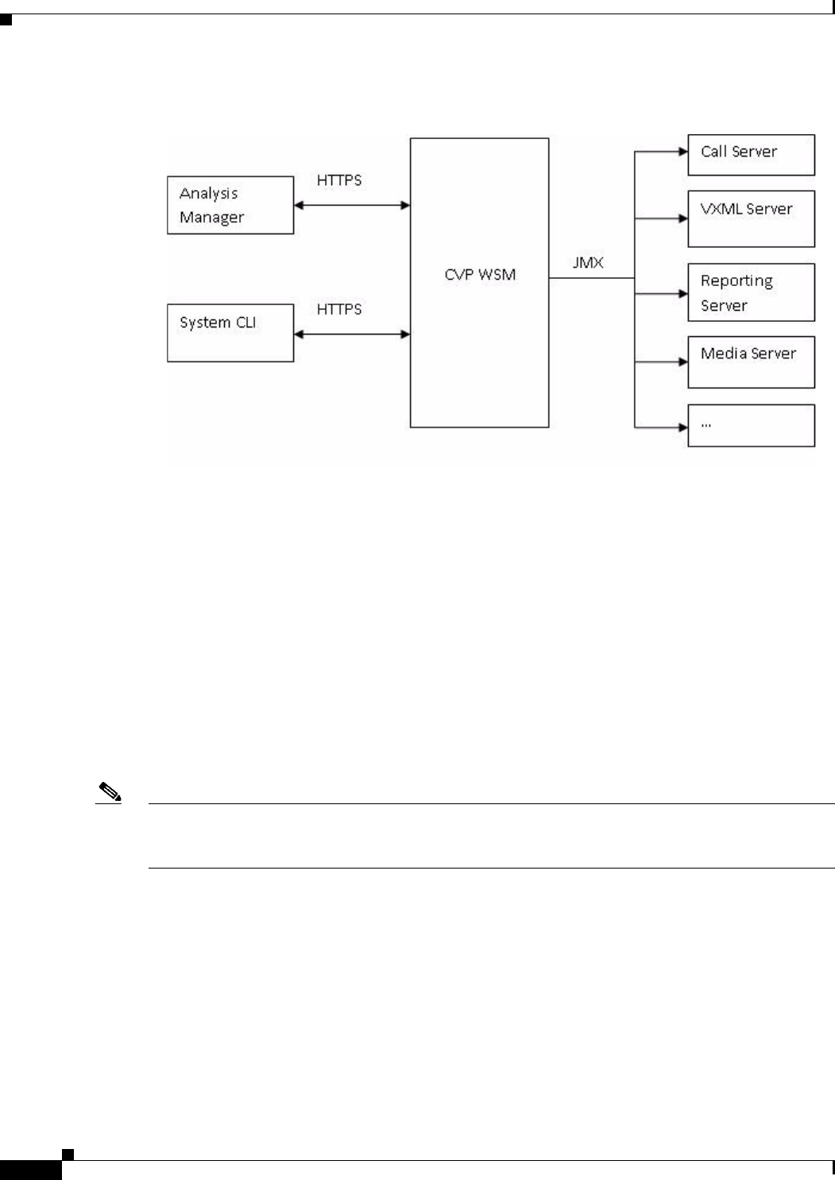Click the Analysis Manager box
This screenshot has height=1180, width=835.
(230, 205)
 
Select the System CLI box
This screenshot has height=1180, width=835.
(230, 333)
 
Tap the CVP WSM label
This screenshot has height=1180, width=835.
(480, 275)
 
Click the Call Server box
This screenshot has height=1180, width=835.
(751, 155)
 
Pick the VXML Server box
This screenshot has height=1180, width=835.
(751, 219)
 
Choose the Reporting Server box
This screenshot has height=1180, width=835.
(751, 292)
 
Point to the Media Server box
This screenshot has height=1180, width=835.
(751, 362)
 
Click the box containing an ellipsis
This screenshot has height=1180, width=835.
(751, 426)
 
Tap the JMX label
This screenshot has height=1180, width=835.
(588, 262)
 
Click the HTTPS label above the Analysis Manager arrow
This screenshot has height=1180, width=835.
(339, 180)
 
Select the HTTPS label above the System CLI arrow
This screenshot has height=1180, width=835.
(339, 309)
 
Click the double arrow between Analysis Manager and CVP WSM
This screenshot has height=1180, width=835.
(352, 206)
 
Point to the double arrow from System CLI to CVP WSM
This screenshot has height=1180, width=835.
(352, 335)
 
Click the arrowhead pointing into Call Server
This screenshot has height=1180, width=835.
(682, 150)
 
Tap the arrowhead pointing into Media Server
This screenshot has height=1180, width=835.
(682, 362)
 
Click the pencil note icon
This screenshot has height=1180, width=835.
(109, 792)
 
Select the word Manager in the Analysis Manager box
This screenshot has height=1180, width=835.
(211, 218)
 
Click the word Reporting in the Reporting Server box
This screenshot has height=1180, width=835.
(736, 281)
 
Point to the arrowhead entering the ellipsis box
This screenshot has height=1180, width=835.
(682, 428)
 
